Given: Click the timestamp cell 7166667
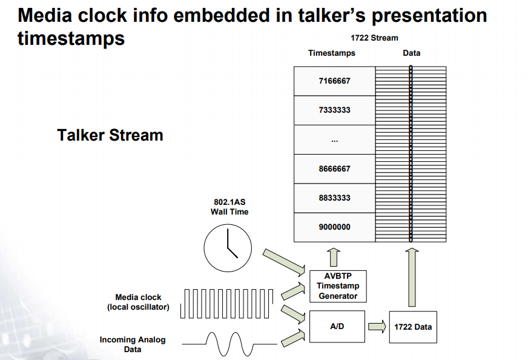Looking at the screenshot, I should pos(334,81).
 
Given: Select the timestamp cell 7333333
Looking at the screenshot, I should pos(334,110).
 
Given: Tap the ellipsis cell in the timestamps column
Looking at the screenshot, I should pos(334,140).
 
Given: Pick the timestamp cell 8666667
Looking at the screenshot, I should pos(334,169).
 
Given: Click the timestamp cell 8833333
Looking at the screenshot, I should pos(334,198).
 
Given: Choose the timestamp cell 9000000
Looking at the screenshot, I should pos(334,227).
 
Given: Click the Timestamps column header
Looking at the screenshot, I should pos(331,53).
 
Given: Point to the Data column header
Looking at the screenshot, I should pos(411,53).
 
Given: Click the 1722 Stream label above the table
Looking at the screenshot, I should pos(374,38).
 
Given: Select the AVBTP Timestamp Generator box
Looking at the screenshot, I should pos(338,286).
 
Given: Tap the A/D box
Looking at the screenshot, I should pos(337,326).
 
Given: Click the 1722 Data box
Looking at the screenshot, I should pos(413,327).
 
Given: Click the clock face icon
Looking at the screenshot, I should pos(228,248).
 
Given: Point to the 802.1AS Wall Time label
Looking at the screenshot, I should pos(229,207).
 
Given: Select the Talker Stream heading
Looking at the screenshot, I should pos(110,135).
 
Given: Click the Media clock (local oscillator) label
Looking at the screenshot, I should pos(139,302).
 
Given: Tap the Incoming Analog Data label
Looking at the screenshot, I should pos(133,344).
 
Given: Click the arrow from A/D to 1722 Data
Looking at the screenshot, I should pos(377,327).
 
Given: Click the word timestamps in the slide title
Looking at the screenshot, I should pos(71,38).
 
